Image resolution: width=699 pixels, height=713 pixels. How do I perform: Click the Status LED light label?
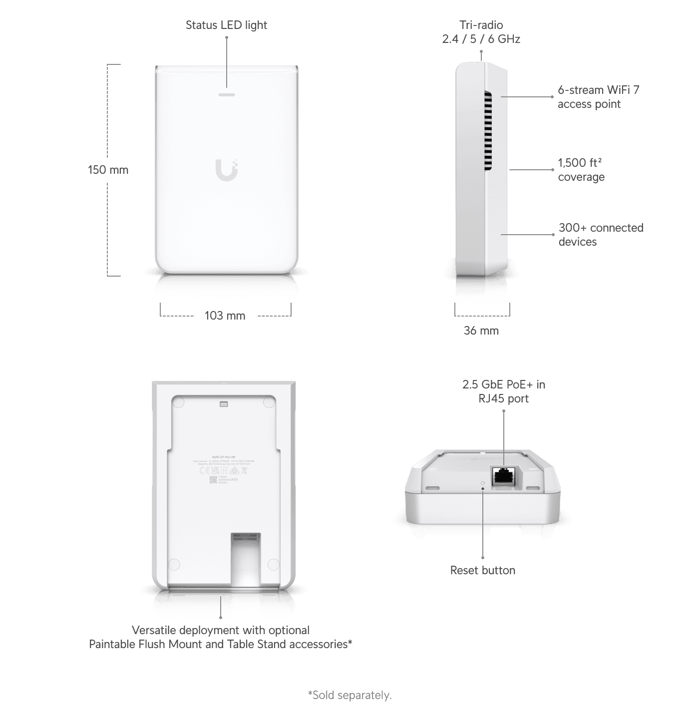(226, 25)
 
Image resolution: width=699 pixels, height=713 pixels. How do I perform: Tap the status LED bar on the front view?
(227, 94)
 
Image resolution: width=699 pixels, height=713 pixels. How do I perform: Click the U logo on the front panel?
(227, 170)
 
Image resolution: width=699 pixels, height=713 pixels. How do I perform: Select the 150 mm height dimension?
(108, 170)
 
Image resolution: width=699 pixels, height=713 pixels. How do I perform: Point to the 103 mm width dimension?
(225, 316)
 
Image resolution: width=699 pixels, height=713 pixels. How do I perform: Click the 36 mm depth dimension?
(481, 331)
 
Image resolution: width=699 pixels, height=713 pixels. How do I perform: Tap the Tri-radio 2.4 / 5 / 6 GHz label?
(481, 32)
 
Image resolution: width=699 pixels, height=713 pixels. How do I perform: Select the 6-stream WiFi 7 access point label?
(598, 97)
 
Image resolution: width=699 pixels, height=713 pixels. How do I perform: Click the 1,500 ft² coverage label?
(581, 170)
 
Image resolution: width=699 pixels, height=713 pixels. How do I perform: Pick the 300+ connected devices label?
(601, 235)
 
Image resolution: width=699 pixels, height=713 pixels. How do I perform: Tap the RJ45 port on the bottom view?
(504, 476)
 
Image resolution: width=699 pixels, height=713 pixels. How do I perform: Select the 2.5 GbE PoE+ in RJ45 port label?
(504, 391)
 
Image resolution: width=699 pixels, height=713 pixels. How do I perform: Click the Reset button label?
(483, 570)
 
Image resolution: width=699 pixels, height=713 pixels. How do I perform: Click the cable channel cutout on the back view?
(245, 559)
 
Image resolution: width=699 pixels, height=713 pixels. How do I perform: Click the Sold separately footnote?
(349, 695)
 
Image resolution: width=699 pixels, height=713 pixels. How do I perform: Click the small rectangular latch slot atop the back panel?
(224, 404)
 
